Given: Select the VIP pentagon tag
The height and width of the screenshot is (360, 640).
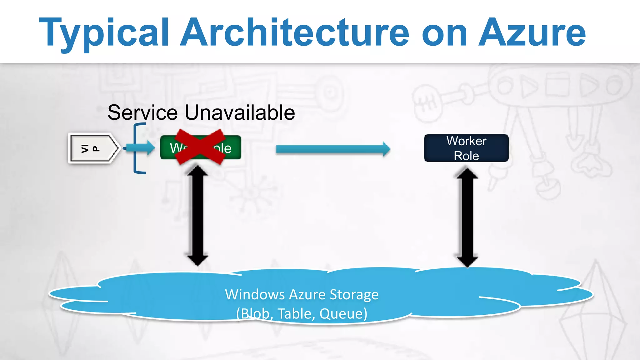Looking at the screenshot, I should pyautogui.click(x=93, y=148).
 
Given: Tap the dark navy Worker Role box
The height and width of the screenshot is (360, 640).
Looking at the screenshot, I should pyautogui.click(x=466, y=148).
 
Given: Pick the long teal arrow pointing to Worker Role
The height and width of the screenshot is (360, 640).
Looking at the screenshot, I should pyautogui.click(x=333, y=149).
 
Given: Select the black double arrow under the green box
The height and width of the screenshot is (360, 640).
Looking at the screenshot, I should pyautogui.click(x=197, y=216).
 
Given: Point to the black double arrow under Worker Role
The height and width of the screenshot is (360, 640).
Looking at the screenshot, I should pyautogui.click(x=467, y=217).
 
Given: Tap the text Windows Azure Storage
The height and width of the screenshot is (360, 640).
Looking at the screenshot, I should pyautogui.click(x=302, y=294).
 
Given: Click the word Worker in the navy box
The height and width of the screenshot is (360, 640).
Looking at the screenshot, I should pyautogui.click(x=466, y=141).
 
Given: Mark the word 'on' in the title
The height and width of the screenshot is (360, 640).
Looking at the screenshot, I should pyautogui.click(x=444, y=33).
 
